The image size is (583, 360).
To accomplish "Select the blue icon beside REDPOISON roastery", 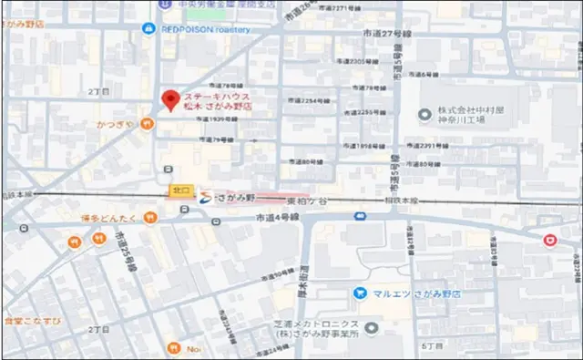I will pyautogui.click(x=148, y=28).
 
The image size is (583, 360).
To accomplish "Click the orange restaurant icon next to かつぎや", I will pyautogui.click(x=147, y=124).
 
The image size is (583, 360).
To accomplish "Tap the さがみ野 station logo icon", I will pyautogui.click(x=206, y=196).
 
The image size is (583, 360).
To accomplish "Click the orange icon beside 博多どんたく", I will pyautogui.click(x=151, y=218).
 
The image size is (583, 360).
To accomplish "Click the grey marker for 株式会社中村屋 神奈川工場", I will pyautogui.click(x=423, y=115).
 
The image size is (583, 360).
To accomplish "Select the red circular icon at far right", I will pyautogui.click(x=548, y=240).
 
